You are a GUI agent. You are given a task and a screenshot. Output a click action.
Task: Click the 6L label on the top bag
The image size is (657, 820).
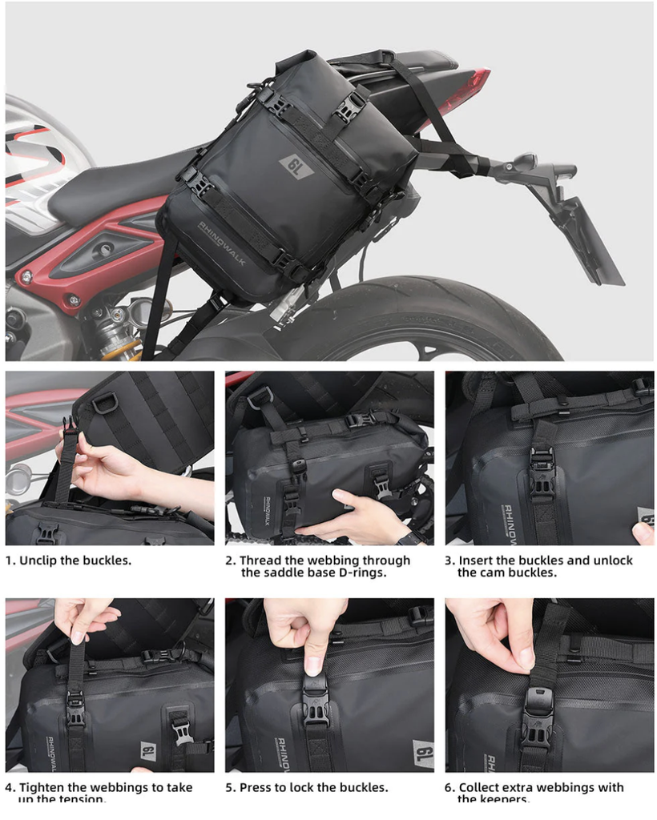click(296, 167)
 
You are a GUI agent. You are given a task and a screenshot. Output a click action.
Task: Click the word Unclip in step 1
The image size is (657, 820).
click(41, 561)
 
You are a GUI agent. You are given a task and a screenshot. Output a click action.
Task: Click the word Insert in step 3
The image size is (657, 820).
click(476, 561)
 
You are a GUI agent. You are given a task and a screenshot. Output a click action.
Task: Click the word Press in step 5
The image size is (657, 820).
click(256, 788)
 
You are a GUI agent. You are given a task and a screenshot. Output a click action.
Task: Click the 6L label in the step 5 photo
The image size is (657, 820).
click(423, 753)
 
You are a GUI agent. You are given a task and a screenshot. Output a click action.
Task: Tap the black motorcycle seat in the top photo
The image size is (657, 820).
click(112, 180)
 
